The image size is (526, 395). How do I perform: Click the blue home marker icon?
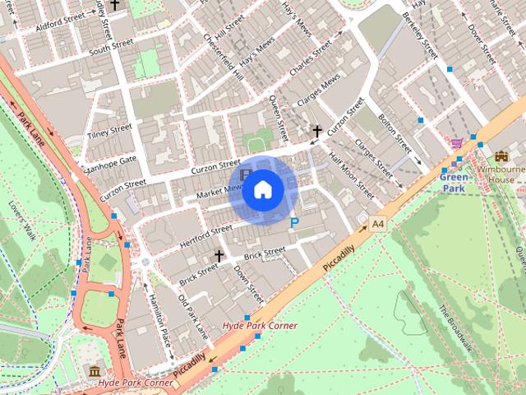[262, 189]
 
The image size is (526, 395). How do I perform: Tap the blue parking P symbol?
[295, 221]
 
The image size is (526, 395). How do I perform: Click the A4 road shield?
[378, 223]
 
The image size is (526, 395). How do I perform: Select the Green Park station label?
[454, 182]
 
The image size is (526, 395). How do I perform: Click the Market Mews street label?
[219, 192]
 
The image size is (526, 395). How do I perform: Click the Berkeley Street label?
[422, 35]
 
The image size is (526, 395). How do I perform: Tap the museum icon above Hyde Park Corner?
[95, 370]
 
